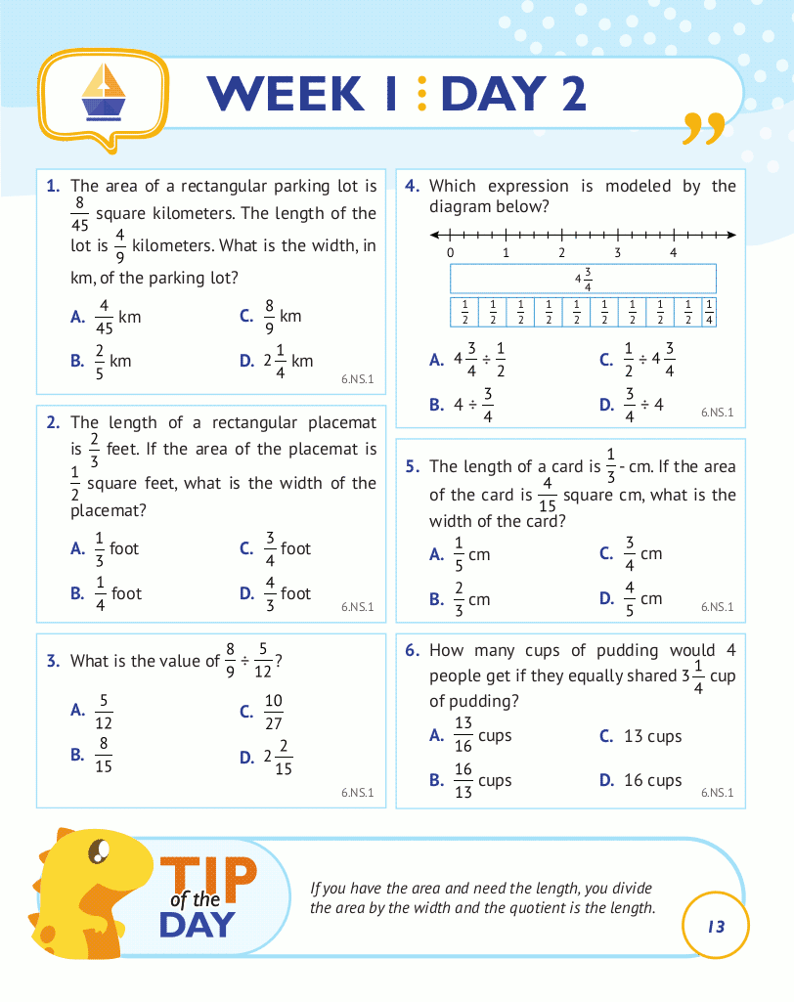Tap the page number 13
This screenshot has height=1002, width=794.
[717, 926]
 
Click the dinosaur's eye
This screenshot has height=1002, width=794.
[99, 852]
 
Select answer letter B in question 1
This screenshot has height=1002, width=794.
[77, 361]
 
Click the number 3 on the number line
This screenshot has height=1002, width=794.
[618, 252]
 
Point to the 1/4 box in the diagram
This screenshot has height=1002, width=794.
[709, 312]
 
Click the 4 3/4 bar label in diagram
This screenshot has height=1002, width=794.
[584, 280]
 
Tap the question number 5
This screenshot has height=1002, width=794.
[412, 467]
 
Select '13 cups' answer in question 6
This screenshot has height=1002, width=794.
[652, 736]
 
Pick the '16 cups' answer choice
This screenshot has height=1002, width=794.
[652, 780]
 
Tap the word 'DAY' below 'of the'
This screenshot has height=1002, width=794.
[197, 924]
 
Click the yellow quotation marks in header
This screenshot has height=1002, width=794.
[704, 129]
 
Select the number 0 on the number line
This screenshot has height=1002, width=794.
[450, 252]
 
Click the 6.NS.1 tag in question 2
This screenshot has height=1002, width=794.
[357, 607]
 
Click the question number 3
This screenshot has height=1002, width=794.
[54, 661]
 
